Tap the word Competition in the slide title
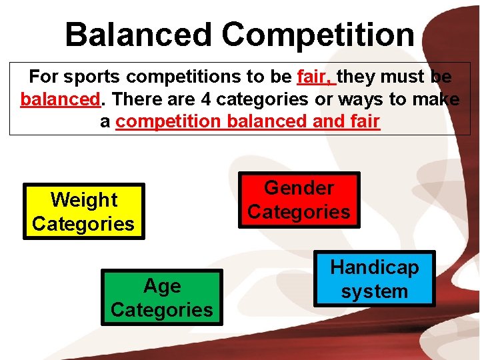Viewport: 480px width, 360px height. [x=318, y=35]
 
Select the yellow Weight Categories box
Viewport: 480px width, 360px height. [x=83, y=211]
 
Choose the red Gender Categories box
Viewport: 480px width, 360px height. [x=299, y=200]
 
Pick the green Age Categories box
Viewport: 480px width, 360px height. [x=162, y=298]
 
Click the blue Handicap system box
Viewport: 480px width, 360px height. [x=375, y=279]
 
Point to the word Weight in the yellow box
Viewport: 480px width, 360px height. [x=83, y=199]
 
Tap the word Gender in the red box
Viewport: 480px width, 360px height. [x=299, y=188]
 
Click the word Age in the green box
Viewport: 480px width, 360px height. [x=162, y=286]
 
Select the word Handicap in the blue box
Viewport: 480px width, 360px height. [x=375, y=267]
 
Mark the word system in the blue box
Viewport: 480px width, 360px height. [x=375, y=291]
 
